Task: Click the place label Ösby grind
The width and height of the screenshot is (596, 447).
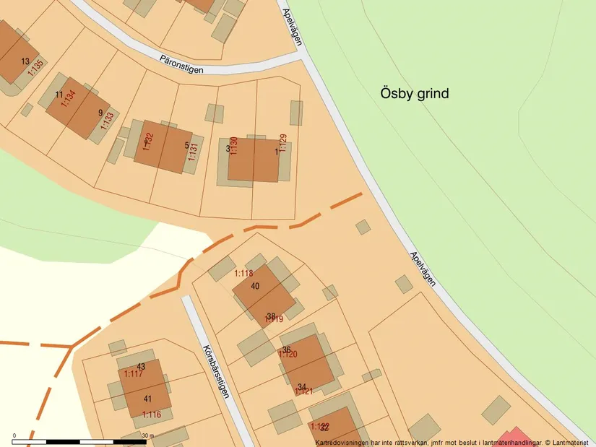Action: (x=415, y=93)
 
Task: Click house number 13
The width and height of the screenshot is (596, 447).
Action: (x=25, y=61)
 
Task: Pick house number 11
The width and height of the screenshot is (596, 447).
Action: (x=59, y=95)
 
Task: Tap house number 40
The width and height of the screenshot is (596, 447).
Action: (x=255, y=286)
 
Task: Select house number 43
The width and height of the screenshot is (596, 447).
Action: (x=141, y=366)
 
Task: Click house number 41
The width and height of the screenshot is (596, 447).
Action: (x=147, y=399)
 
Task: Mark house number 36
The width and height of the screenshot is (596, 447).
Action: (x=286, y=350)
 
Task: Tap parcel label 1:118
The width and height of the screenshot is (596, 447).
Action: (x=243, y=274)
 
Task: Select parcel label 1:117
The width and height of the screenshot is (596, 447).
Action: (x=133, y=374)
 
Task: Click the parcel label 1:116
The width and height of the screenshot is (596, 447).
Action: (x=151, y=415)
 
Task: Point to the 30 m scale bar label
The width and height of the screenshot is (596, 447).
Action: (x=147, y=435)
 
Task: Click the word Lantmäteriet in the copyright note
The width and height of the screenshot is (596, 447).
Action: (x=571, y=442)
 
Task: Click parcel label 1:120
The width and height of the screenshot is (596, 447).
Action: (x=288, y=355)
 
